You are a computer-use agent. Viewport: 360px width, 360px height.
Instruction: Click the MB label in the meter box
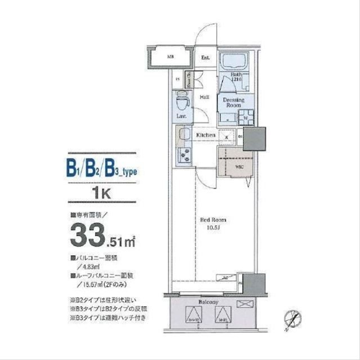tap(170, 57)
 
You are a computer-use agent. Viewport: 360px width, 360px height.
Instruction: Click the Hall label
tap(205, 97)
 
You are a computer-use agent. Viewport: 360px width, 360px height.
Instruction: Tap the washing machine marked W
tap(246, 118)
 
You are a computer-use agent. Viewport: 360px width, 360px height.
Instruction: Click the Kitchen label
tap(205, 136)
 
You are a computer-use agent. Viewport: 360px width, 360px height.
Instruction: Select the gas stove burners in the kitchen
tap(184, 154)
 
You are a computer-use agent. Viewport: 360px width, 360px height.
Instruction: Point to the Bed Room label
tap(214, 220)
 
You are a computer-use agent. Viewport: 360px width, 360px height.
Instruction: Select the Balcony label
tap(208, 303)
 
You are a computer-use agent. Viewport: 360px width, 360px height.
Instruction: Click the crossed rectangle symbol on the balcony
tap(245, 304)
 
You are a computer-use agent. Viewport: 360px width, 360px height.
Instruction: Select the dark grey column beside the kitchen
tap(254, 138)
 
